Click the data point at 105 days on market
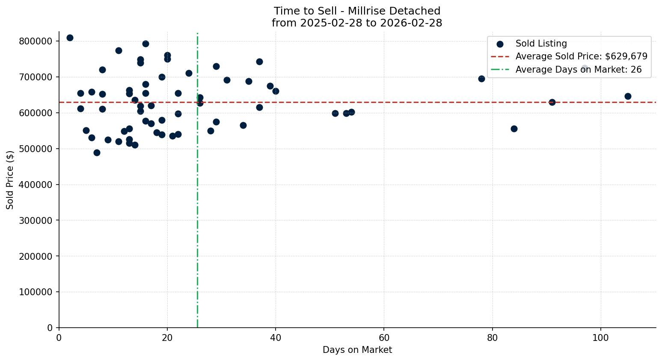(x=628, y=96)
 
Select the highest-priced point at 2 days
(x=70, y=38)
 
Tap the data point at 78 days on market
(x=481, y=79)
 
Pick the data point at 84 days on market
(x=514, y=129)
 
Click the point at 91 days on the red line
(x=552, y=102)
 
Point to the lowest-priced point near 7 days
(x=97, y=153)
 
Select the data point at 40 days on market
(x=276, y=91)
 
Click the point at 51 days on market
(x=335, y=113)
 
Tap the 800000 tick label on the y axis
(x=36, y=41)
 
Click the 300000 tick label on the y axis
(x=36, y=220)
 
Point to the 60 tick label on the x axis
(x=384, y=338)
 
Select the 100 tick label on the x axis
(x=600, y=338)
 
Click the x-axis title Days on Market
(x=357, y=350)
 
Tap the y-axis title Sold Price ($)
(x=10, y=180)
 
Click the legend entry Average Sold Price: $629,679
(x=581, y=56)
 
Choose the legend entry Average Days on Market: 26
(x=578, y=70)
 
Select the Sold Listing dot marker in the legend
(x=500, y=44)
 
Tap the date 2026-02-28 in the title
(x=413, y=23)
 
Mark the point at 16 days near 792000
(x=145, y=44)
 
